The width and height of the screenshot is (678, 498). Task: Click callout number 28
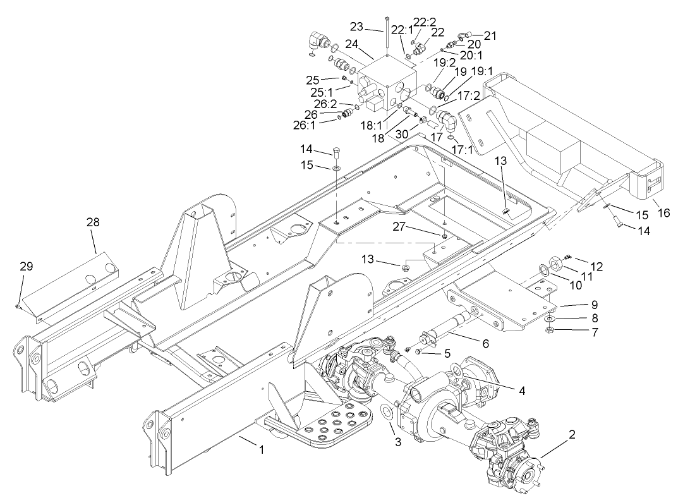(94, 222)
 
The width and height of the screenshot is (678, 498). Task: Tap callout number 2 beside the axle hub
(571, 435)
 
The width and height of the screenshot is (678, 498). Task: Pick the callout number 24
(351, 45)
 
